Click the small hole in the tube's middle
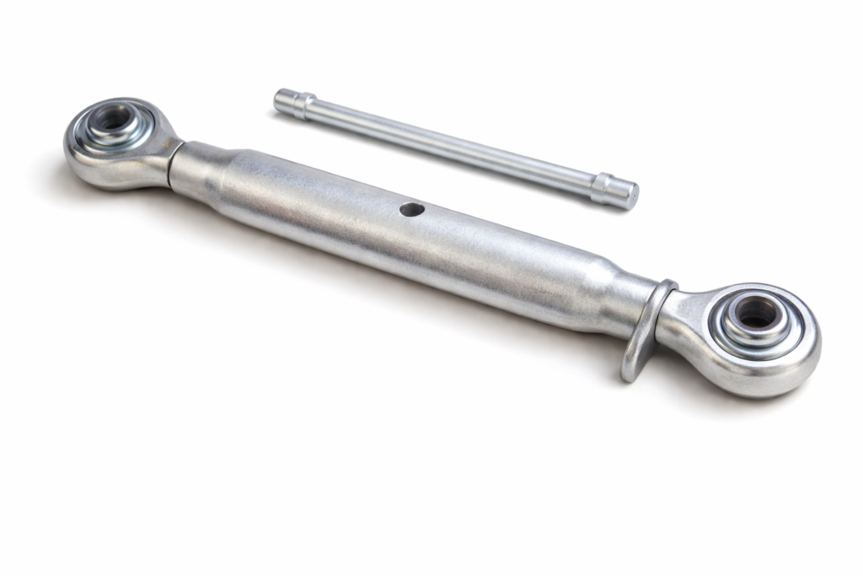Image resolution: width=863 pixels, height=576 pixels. point(411,208)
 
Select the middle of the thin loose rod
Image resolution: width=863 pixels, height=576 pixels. point(455,148)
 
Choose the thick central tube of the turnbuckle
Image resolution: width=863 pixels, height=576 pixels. point(405,228)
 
